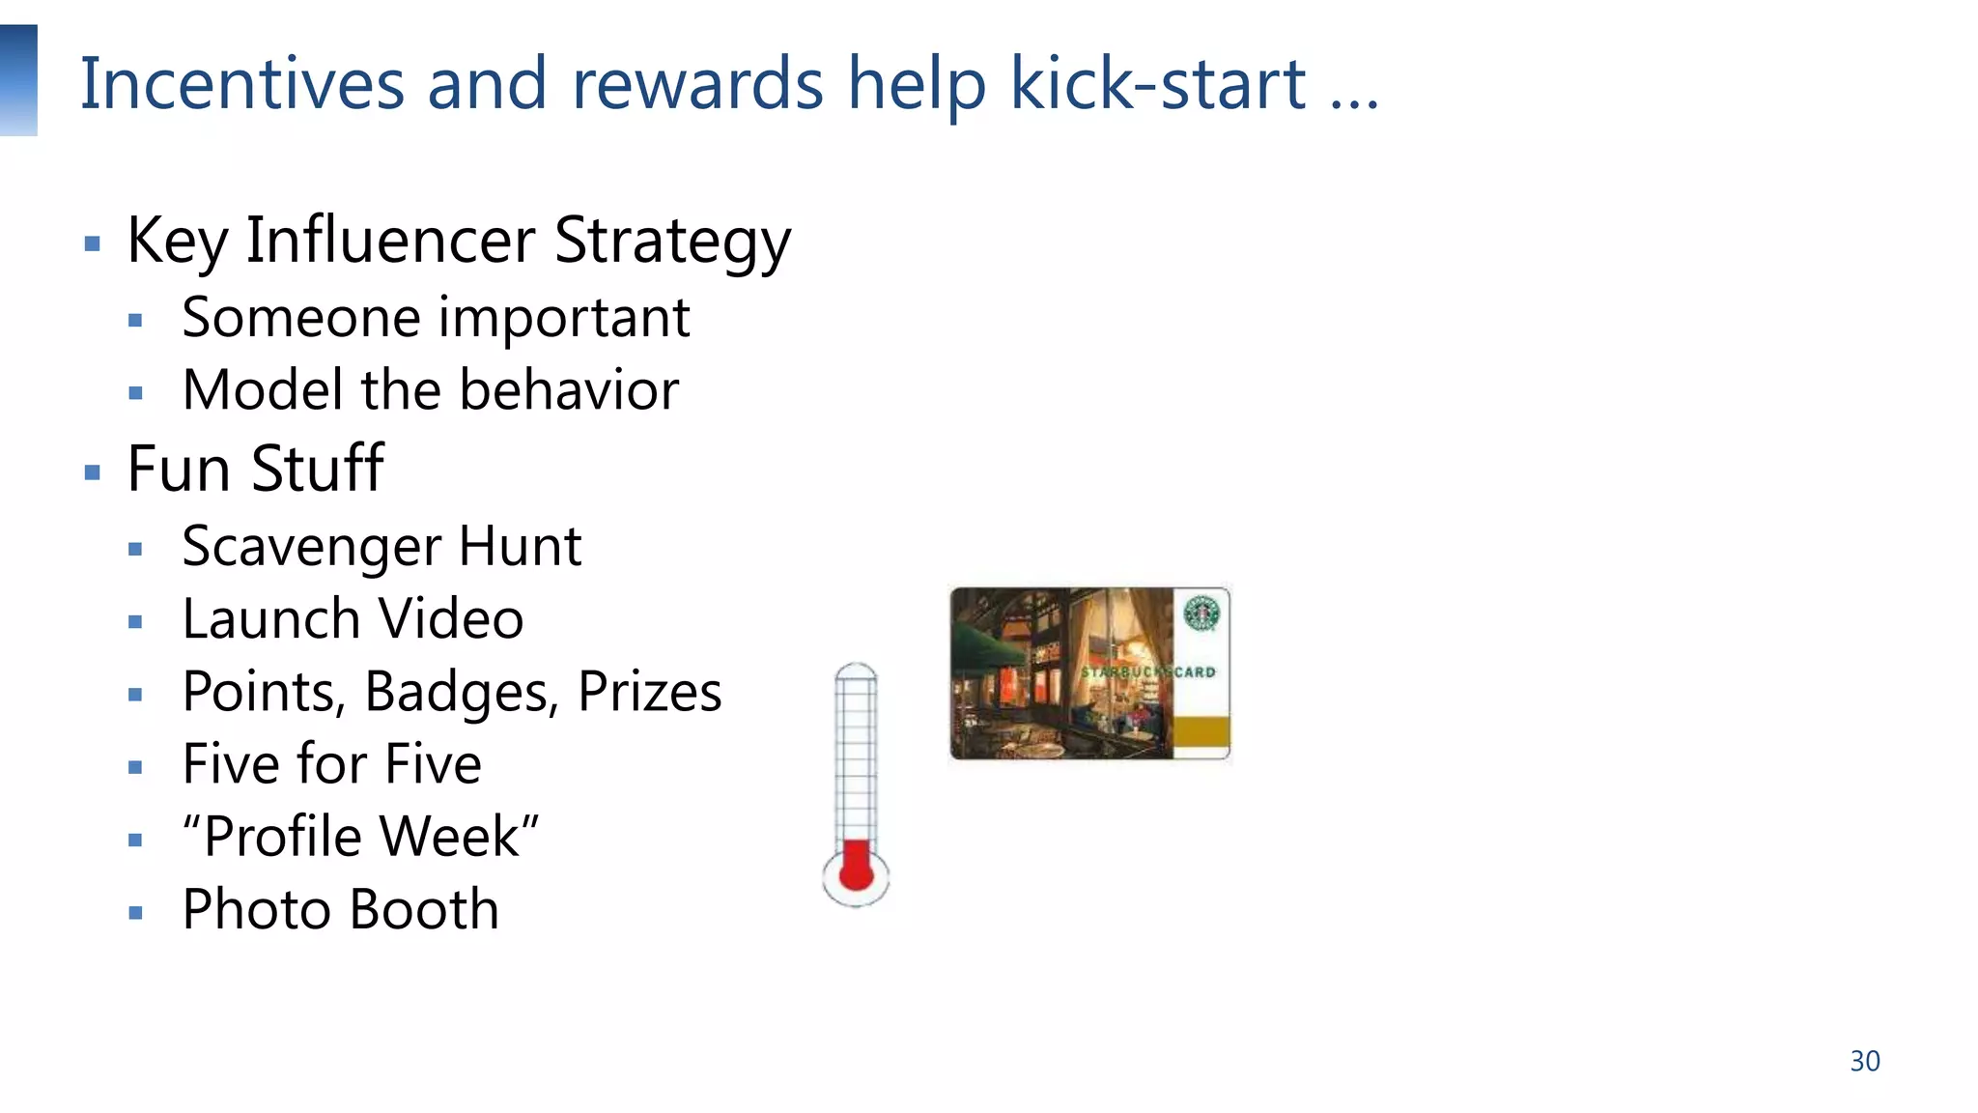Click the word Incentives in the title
coord(241,84)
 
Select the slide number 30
coord(1864,1061)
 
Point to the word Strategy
coord(672,242)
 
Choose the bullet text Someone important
coord(436,318)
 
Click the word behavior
coord(569,390)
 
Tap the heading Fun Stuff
coord(255,469)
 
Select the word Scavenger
coord(311,548)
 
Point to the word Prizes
coord(649,693)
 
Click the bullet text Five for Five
coord(331,764)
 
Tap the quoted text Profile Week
coord(361,837)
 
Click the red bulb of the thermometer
coord(856,869)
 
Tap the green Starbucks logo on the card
coord(1201,613)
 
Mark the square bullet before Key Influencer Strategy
coord(93,243)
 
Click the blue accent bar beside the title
coord(18,80)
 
